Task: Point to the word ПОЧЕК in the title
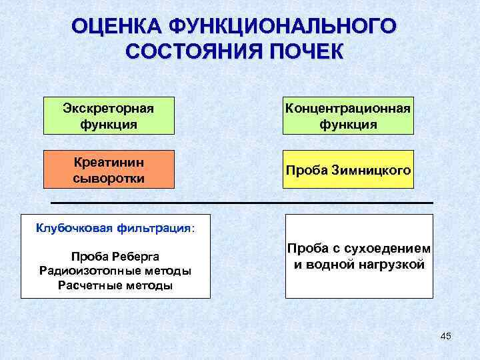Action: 303,52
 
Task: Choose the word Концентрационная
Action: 348,108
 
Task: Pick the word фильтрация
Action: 154,229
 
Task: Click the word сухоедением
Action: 391,249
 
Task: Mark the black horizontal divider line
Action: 242,202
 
